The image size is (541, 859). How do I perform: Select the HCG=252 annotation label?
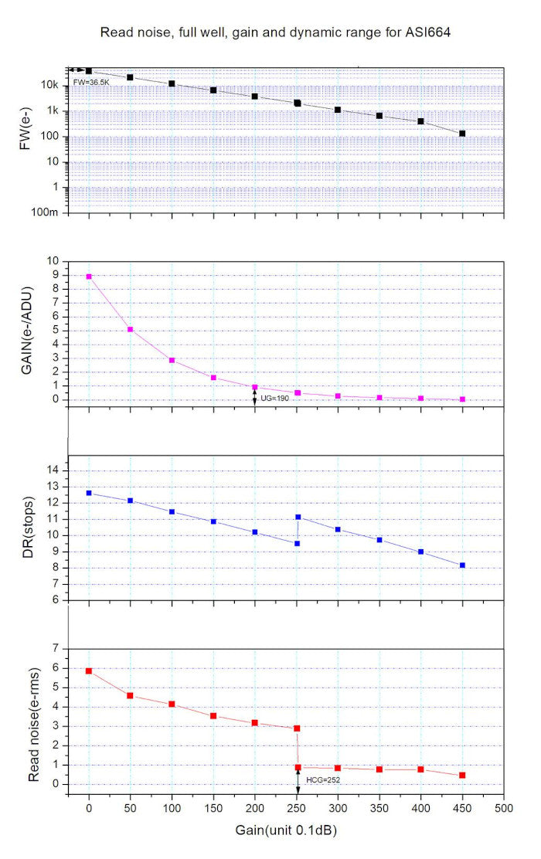322,780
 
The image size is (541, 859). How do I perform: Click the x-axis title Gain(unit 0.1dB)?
286,831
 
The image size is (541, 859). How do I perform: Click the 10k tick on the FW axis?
51,85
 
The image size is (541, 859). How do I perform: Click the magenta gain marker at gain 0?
89,277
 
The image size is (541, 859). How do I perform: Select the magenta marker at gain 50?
131,330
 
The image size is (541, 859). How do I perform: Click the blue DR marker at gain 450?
462,565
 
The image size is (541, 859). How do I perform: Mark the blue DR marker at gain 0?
89,493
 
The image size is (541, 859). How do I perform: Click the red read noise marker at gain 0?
89,671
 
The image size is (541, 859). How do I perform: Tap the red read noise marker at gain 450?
462,775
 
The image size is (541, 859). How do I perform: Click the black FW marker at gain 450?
462,134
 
